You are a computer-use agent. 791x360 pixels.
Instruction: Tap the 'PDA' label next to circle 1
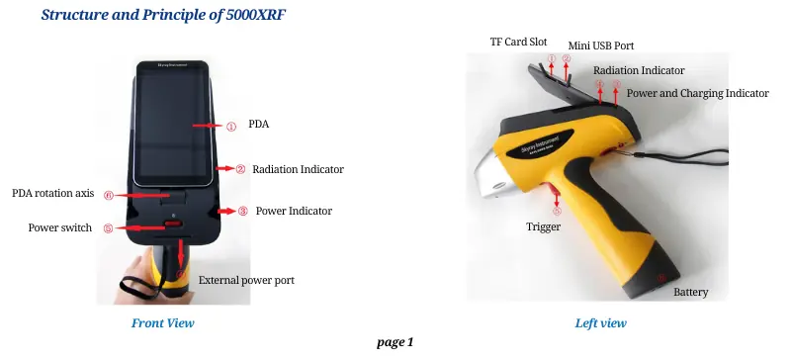click(x=259, y=126)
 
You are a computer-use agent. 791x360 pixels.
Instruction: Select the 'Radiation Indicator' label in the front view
click(x=298, y=169)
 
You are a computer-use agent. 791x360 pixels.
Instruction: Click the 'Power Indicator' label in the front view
click(x=294, y=211)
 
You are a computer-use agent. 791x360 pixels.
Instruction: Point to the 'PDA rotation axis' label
click(x=52, y=193)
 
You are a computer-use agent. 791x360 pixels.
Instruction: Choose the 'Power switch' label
click(x=60, y=227)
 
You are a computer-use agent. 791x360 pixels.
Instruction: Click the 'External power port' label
click(x=246, y=280)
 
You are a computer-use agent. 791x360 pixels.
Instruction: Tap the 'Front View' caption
click(x=163, y=323)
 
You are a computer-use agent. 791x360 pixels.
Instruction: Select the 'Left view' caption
click(x=600, y=323)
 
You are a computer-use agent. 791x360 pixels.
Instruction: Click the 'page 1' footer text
click(x=395, y=342)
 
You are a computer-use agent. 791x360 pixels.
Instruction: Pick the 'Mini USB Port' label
click(x=601, y=46)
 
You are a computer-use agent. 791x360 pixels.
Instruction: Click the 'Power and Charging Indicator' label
click(x=697, y=93)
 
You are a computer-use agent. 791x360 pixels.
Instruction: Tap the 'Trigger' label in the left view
click(x=544, y=226)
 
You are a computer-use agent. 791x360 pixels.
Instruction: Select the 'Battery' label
click(x=691, y=293)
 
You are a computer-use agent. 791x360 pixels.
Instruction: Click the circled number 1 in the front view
click(x=230, y=127)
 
